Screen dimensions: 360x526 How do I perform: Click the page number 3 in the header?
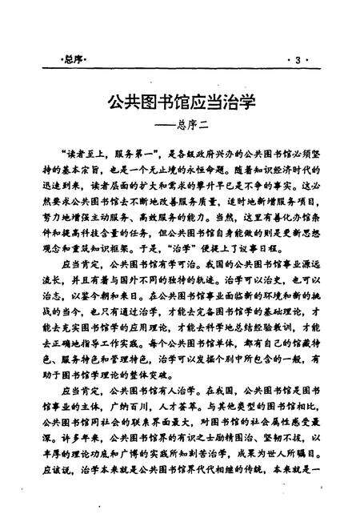click(298, 61)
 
